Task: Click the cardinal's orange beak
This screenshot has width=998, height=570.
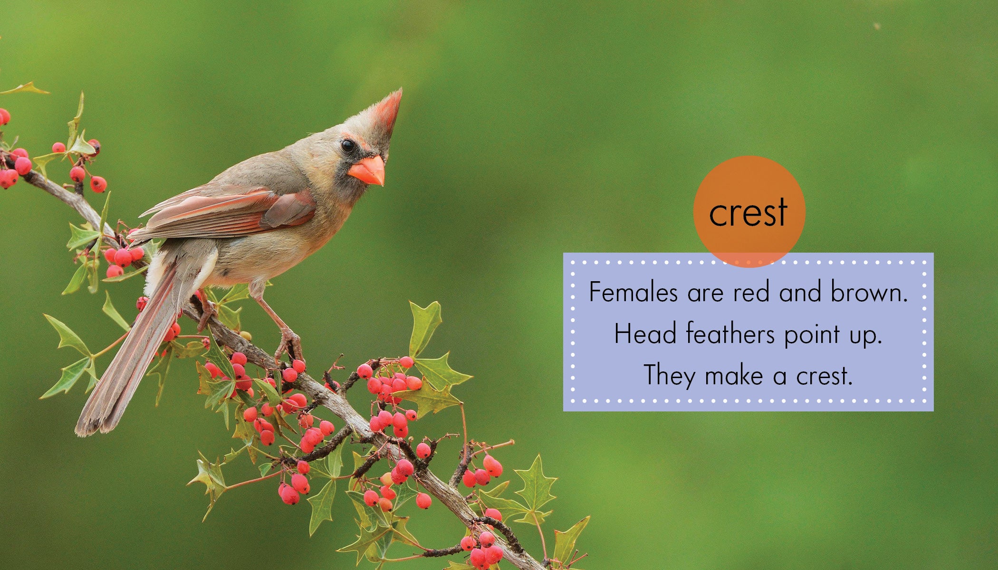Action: click(367, 171)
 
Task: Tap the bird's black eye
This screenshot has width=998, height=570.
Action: click(348, 146)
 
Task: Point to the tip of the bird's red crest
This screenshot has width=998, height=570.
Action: click(401, 90)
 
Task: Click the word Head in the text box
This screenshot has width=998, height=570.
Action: click(645, 333)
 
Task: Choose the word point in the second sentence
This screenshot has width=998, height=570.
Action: click(812, 334)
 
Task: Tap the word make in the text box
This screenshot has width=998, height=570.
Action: click(734, 375)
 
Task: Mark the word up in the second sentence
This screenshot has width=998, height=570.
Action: click(865, 336)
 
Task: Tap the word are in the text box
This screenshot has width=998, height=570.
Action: click(705, 294)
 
